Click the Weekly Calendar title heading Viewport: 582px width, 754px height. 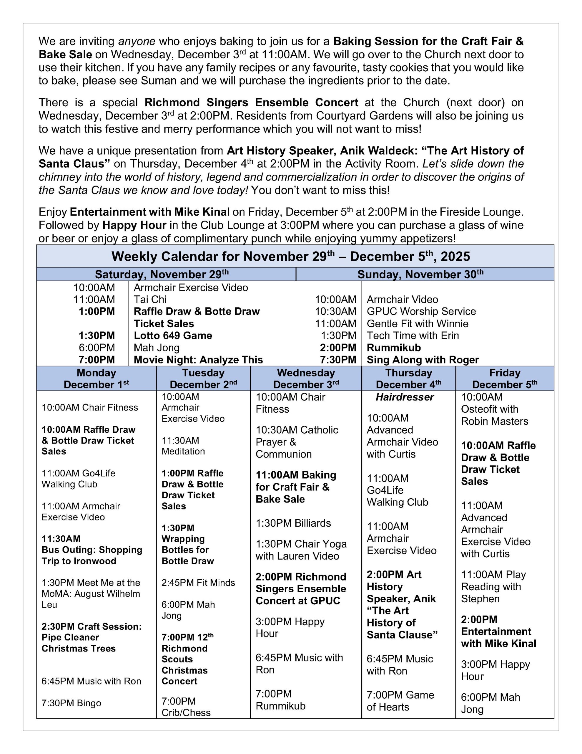tap(290, 257)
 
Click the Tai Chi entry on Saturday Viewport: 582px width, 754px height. tap(150, 299)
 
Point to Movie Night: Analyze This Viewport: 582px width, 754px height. tap(198, 360)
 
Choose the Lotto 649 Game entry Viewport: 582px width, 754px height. tap(172, 335)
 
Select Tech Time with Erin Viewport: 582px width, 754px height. tap(413, 335)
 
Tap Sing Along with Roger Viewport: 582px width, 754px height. tap(423, 360)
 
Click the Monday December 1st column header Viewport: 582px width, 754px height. tap(96, 379)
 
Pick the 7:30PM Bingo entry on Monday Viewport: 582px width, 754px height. tap(71, 703)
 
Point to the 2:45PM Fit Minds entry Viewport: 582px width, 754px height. tap(198, 583)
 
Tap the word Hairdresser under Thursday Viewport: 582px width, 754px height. tap(404, 397)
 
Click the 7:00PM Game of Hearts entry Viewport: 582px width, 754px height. tap(400, 701)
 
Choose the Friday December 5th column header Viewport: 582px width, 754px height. tap(504, 379)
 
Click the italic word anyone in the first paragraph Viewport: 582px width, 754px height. tap(137, 42)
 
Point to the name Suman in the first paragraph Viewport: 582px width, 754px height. tap(159, 81)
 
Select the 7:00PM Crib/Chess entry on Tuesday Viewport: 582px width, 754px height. tap(186, 707)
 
